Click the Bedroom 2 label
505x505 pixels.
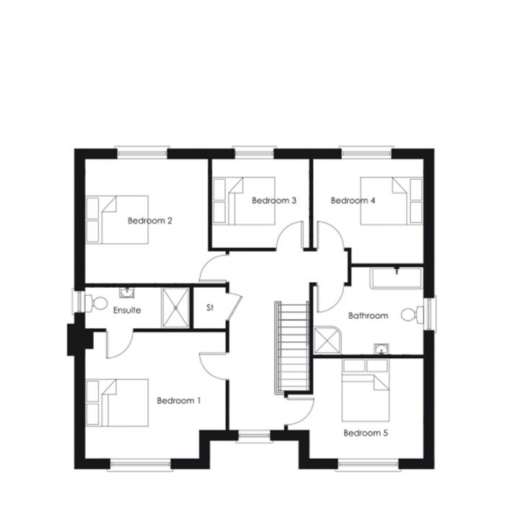(149, 221)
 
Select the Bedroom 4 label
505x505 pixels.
(353, 201)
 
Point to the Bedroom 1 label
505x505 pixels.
(178, 400)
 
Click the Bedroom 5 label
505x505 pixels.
(366, 433)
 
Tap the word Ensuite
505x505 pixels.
(127, 310)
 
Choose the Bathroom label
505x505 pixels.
(368, 315)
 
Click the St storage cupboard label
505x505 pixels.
(210, 308)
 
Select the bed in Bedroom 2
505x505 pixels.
(117, 219)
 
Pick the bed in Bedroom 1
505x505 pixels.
(117, 403)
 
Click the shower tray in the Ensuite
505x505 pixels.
(173, 307)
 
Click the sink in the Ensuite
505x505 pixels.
(127, 292)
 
